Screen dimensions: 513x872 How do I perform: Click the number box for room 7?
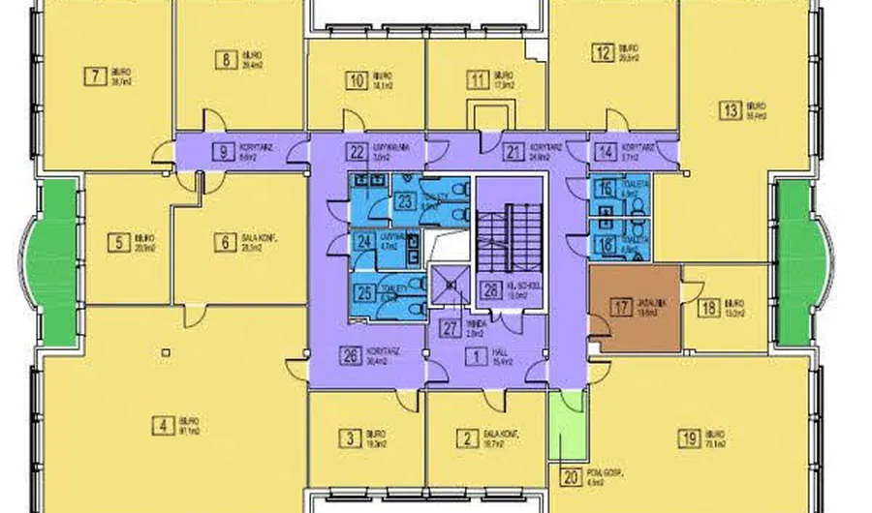point(94,75)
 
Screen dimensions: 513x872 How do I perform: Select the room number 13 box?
point(731,109)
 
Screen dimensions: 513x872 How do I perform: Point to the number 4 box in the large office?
point(164,423)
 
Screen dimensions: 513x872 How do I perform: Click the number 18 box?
point(707,309)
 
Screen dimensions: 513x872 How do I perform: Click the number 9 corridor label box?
point(224,151)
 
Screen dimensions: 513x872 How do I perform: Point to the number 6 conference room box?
point(225,242)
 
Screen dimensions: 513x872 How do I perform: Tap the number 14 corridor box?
point(606,150)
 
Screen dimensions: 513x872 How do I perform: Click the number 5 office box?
point(120,242)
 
